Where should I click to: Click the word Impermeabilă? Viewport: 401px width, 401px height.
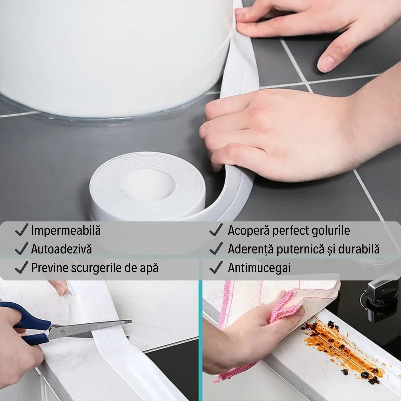[x=66, y=230]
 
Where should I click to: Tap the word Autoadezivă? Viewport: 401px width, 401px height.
[x=61, y=249]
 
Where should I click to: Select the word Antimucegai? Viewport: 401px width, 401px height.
[x=259, y=268]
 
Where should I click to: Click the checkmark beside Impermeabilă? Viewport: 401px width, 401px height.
[x=22, y=230]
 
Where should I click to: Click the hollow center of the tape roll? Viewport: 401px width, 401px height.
[x=148, y=184]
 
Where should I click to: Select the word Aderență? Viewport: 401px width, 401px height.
[x=250, y=249]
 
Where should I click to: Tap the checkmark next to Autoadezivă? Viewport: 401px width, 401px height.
[x=22, y=249]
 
